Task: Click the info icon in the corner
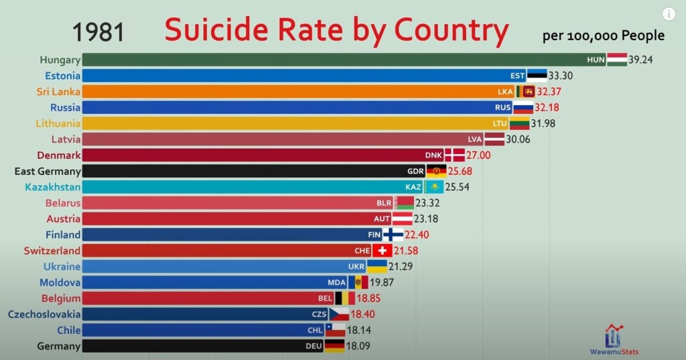669,14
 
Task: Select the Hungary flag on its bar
617,60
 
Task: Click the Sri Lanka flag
525,91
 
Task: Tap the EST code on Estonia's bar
517,76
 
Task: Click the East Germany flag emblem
436,171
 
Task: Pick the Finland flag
393,235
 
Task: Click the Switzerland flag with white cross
383,251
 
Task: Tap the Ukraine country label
62,267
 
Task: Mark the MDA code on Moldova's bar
337,282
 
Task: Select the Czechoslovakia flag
338,314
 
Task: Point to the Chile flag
335,331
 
